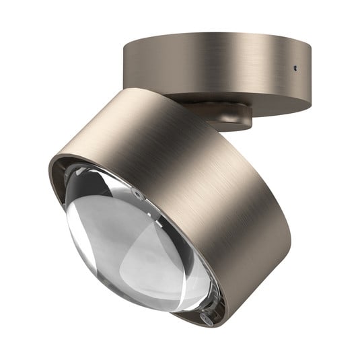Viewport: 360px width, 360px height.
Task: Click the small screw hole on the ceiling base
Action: pos(295,68)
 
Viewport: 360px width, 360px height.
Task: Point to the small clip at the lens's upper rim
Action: pos(138,192)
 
